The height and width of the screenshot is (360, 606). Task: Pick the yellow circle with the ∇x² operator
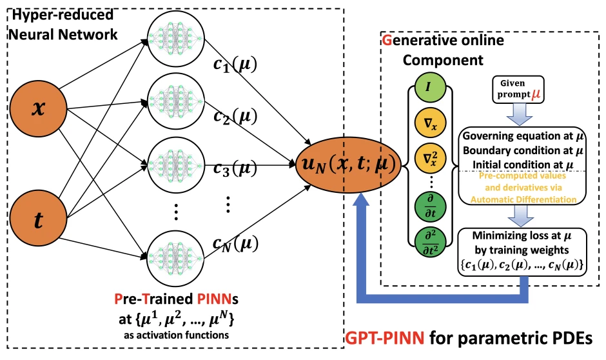[427, 156]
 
